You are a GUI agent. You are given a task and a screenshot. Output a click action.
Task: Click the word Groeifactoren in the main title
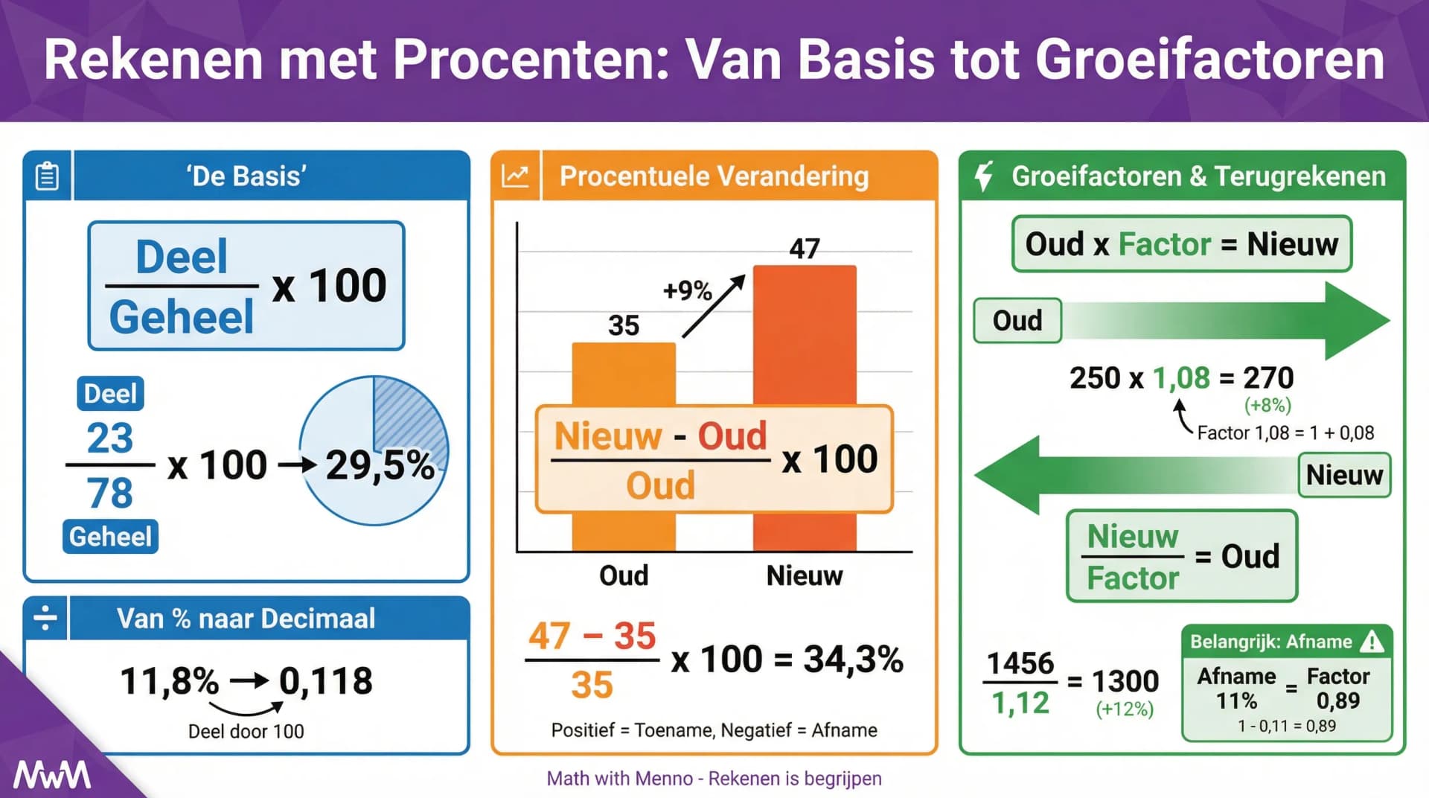tap(1209, 60)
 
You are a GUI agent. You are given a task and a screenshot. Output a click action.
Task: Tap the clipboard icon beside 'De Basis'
tap(47, 176)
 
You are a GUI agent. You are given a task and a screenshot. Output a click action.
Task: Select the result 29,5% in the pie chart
tap(380, 465)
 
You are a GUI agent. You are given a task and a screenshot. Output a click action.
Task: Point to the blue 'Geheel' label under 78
tap(110, 537)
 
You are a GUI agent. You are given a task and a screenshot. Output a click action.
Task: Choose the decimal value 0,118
tap(325, 681)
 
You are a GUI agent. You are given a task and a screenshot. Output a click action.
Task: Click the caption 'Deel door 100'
tap(246, 731)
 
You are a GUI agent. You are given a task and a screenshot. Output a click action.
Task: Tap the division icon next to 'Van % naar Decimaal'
tap(45, 618)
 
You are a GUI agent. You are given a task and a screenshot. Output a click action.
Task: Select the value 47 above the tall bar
tap(805, 249)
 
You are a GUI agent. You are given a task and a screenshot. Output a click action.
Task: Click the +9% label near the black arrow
tap(687, 290)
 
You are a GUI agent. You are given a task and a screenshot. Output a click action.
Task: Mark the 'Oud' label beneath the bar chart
tap(624, 575)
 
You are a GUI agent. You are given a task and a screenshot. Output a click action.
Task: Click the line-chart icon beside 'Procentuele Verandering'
tap(515, 176)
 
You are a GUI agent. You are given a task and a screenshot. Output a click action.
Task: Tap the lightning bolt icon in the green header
tap(984, 176)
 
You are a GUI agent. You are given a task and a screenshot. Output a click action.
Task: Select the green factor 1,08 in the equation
tap(1181, 378)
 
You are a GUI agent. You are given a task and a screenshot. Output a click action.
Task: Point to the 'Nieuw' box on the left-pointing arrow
tap(1344, 475)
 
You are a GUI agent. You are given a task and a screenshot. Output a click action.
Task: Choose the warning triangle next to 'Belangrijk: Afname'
tap(1371, 642)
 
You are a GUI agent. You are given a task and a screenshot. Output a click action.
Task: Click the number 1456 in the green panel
tap(1020, 663)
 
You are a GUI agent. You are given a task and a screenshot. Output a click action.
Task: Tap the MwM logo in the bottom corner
tap(52, 775)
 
